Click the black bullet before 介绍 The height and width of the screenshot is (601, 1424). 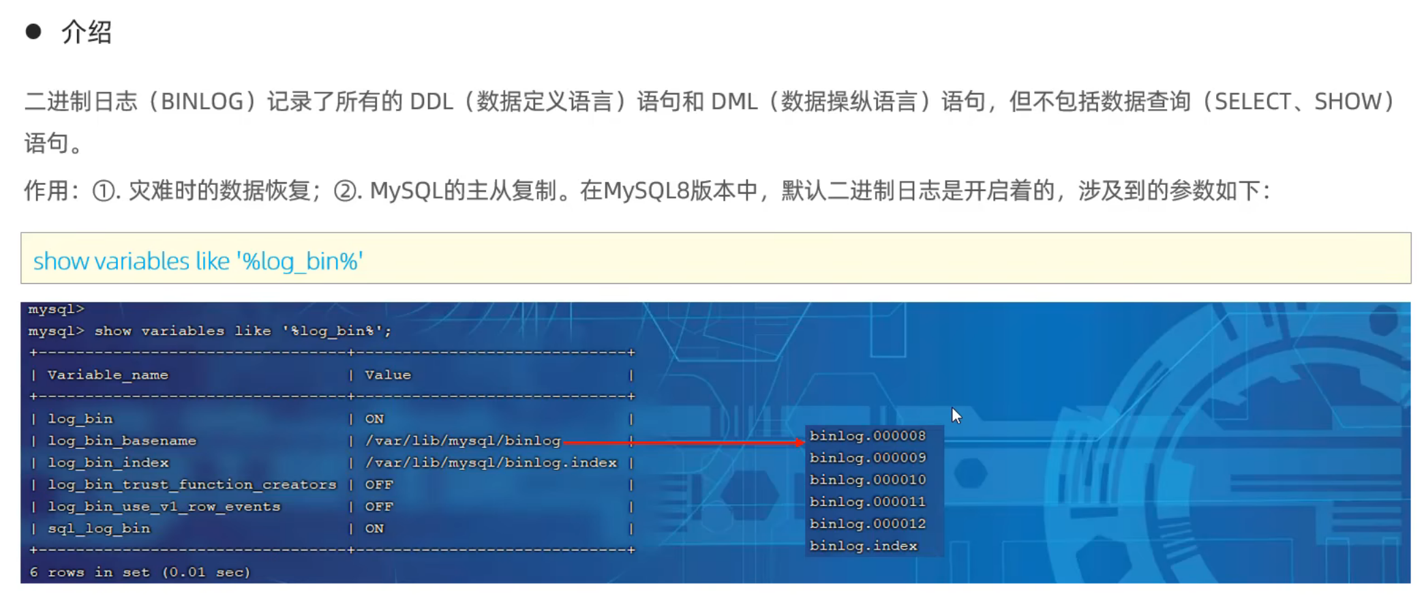tap(33, 31)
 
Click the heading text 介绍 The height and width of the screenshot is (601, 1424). tap(86, 32)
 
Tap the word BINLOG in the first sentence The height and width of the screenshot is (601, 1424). tap(202, 102)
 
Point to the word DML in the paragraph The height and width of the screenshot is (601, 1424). tap(733, 102)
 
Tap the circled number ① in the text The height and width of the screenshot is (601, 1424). tap(104, 191)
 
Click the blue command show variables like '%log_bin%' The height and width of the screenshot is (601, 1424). tap(198, 261)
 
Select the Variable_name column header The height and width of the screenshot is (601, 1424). tap(108, 375)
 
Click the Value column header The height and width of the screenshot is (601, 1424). tap(388, 375)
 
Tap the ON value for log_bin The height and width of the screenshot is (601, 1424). tap(374, 419)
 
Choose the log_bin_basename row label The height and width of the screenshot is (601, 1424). tap(122, 441)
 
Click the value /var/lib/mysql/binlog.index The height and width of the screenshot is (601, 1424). tap(491, 463)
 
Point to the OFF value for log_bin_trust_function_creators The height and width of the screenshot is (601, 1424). tap(379, 484)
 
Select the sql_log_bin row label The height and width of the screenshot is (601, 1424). tap(99, 528)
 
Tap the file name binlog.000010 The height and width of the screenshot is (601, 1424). tap(867, 480)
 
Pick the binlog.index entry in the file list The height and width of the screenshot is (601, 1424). tap(863, 546)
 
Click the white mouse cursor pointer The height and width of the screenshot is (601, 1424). tap(956, 415)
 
